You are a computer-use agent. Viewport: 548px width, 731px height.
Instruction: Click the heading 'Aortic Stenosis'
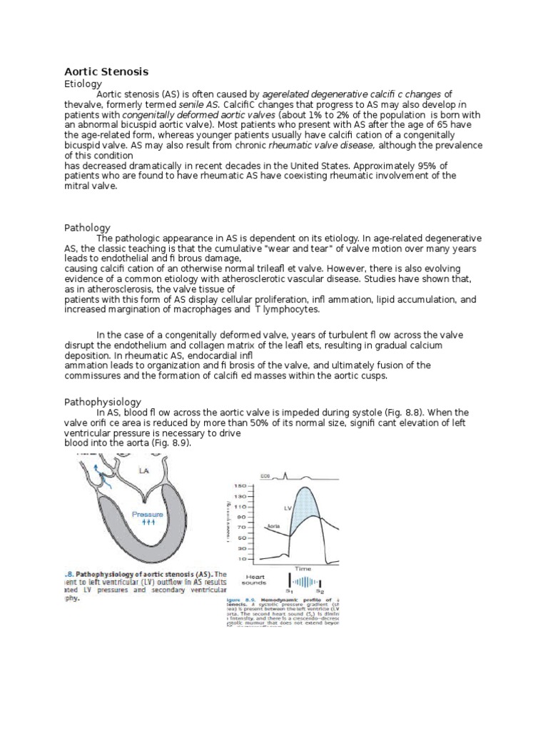[106, 71]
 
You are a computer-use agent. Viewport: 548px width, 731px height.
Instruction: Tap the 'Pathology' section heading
[87, 227]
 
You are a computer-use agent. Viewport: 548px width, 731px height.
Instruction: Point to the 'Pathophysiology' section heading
[103, 402]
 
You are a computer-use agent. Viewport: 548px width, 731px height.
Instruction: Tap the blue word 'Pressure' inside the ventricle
[148, 513]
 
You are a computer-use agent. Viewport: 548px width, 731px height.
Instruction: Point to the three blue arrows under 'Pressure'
[148, 523]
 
